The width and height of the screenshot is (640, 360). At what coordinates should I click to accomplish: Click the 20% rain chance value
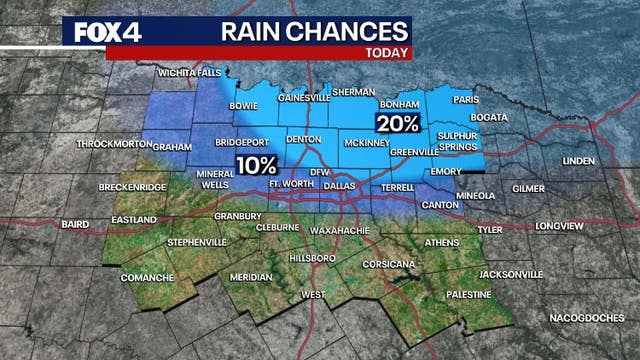point(396,124)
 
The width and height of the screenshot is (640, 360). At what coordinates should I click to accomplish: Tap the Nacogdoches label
point(587,317)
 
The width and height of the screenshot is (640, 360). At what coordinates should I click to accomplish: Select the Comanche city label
point(147,277)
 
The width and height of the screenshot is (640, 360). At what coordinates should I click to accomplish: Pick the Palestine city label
point(468,295)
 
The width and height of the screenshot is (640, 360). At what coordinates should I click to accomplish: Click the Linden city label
point(577,160)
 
